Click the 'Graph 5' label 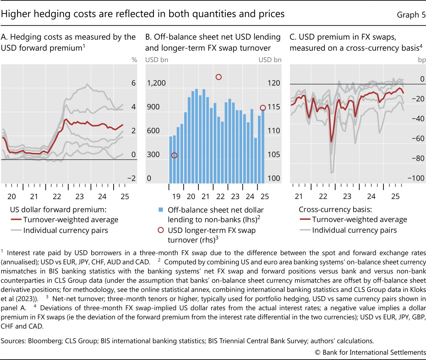[411, 15]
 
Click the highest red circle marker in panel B [219, 77]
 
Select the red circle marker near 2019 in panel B [174, 155]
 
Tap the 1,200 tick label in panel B [157, 83]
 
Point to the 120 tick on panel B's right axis [274, 83]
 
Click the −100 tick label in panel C [416, 178]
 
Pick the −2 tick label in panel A [131, 178]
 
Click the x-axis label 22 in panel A [57, 197]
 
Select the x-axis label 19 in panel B [176, 197]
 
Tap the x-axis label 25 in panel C [395, 197]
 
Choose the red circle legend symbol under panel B [161, 230]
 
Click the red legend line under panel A [16, 220]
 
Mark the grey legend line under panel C [305, 230]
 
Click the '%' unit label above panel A [134, 60]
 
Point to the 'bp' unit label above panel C [422, 60]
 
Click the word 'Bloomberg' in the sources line [44, 341]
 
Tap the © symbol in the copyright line [317, 352]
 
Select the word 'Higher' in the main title [14, 14]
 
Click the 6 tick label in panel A [133, 83]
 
